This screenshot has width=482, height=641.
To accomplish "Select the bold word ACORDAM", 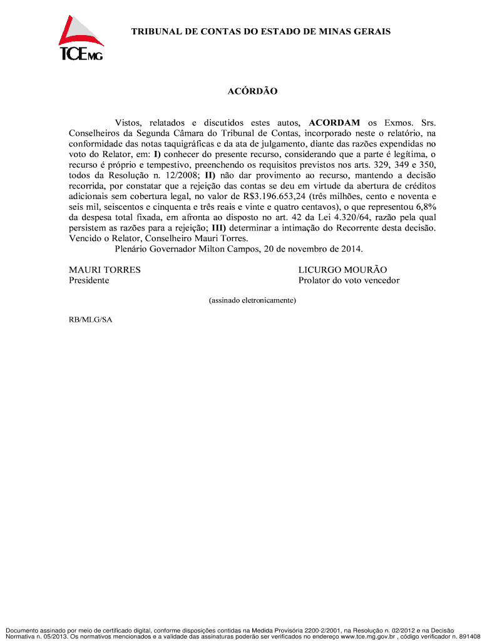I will (x=334, y=122).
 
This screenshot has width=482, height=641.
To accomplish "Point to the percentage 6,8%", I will (x=425, y=207).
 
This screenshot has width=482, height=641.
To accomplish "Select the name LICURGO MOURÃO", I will (x=342, y=270).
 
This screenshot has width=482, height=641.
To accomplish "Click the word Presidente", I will (x=89, y=280).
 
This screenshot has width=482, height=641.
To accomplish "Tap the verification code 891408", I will (x=469, y=637).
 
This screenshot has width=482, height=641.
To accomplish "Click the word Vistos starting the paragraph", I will (x=128, y=122).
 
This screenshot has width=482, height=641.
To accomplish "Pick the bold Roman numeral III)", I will (x=219, y=227).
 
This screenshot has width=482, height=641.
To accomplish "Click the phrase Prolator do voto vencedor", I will (x=349, y=280).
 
